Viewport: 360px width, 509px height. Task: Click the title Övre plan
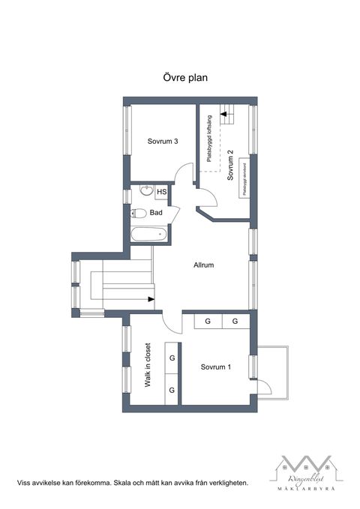click(185, 77)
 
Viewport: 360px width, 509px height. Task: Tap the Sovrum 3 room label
click(162, 141)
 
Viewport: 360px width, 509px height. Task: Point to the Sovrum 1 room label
click(215, 367)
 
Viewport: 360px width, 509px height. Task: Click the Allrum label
click(204, 265)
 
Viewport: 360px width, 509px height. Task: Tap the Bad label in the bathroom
click(156, 213)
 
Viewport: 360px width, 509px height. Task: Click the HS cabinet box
click(161, 193)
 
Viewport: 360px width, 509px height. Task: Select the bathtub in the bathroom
click(148, 234)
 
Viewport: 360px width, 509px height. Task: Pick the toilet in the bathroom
click(139, 214)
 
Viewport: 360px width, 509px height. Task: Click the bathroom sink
click(145, 192)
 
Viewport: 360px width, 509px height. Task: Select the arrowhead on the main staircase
click(152, 301)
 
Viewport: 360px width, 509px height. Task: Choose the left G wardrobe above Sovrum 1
click(207, 322)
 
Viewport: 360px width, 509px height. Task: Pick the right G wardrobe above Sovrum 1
click(235, 322)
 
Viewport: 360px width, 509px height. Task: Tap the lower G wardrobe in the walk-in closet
click(172, 390)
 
